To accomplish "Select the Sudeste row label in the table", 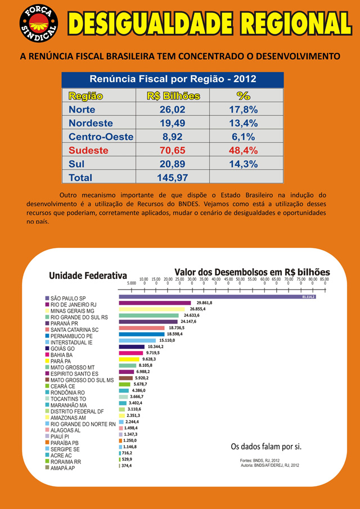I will point(88,150).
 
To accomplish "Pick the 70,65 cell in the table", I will point(173,150).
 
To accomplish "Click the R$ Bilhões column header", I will point(173,96).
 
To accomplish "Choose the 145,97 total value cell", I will point(173,178).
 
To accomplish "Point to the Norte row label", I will point(82,109).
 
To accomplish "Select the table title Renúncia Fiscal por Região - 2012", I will point(173,79).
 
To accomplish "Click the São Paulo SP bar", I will point(214,296).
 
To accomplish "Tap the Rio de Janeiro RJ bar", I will point(155,303).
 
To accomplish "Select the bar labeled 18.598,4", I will point(142,334).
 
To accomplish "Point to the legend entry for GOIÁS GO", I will point(62,349).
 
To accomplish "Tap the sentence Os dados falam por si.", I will point(267,447).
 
